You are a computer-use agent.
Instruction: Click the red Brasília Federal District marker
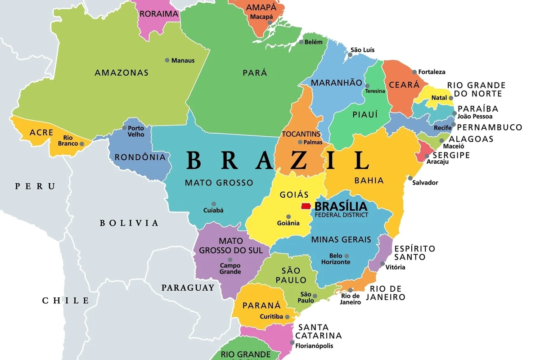coord(306,206)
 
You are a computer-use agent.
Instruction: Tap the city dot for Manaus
coord(167,60)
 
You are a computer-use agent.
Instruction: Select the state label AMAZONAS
coord(121,72)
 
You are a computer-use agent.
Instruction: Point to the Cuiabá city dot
coord(214,204)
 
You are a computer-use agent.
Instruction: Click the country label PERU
coord(35,186)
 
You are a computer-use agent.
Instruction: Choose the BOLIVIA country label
coord(129,223)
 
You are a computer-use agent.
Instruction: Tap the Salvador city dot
coord(410,178)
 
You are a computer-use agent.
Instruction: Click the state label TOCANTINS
coord(301,134)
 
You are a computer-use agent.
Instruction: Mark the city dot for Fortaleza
coord(414,72)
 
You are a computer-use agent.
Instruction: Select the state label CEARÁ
coord(404,85)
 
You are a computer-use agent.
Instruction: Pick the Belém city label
coord(314,42)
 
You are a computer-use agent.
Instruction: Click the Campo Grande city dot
coord(230,260)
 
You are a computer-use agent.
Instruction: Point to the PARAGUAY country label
coord(188,288)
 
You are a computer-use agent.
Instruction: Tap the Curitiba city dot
coord(286,316)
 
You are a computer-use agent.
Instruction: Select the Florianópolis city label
coord(314,346)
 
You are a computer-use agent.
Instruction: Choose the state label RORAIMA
coord(159,13)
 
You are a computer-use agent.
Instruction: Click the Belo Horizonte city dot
coord(346,256)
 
